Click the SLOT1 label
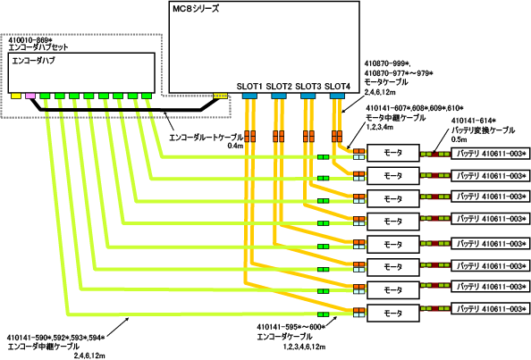click(249, 87)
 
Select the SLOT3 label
click(308, 87)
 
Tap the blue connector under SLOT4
click(337, 96)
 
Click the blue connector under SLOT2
click(279, 96)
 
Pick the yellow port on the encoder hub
click(16, 96)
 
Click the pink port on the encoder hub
click(30, 96)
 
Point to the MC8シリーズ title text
click(196, 9)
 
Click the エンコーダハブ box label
click(34, 61)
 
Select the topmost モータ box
click(393, 153)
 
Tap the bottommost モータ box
click(393, 313)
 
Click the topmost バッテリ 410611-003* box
click(491, 154)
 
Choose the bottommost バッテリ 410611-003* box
click(491, 309)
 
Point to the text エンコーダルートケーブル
click(206, 138)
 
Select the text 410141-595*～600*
click(291, 327)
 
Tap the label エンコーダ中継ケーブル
click(43, 347)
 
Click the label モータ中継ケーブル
click(395, 118)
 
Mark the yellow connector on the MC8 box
click(221, 96)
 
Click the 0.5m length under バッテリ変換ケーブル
click(459, 139)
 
